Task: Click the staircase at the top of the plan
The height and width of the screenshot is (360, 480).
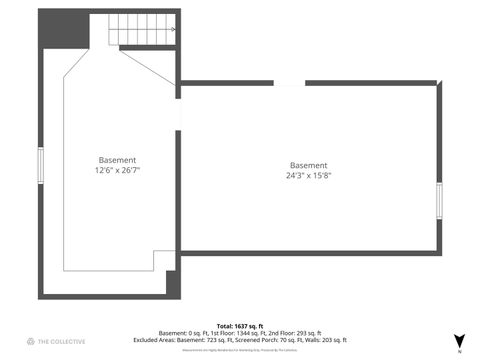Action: (x=142, y=33)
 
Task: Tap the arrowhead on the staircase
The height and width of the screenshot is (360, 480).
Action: (x=174, y=29)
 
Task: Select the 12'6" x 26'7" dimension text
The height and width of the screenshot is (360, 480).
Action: (x=117, y=171)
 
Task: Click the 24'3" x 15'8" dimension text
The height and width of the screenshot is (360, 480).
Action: (x=308, y=175)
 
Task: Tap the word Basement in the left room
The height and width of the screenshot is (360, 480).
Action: (x=117, y=160)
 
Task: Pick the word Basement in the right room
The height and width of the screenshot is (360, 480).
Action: (x=308, y=165)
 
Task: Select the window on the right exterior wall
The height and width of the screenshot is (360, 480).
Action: (x=439, y=200)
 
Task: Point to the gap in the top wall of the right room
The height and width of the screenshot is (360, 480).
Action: (x=289, y=85)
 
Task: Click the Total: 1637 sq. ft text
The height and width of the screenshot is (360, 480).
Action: (x=239, y=325)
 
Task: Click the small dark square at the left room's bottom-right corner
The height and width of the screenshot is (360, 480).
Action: (x=171, y=282)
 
